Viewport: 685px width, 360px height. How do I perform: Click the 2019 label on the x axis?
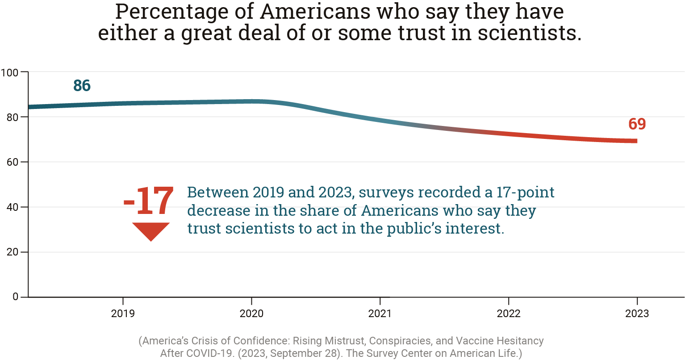point(123,314)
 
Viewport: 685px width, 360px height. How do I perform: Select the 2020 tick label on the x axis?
point(251,314)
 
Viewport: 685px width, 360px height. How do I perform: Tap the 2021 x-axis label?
point(380,314)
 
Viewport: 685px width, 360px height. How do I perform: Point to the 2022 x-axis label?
point(509,314)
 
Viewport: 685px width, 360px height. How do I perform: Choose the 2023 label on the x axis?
point(637,314)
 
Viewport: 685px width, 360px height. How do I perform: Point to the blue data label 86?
point(82,86)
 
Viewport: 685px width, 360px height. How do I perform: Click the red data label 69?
point(637,124)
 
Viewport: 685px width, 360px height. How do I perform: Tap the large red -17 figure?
point(149,202)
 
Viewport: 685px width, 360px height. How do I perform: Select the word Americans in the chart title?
point(315,12)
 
